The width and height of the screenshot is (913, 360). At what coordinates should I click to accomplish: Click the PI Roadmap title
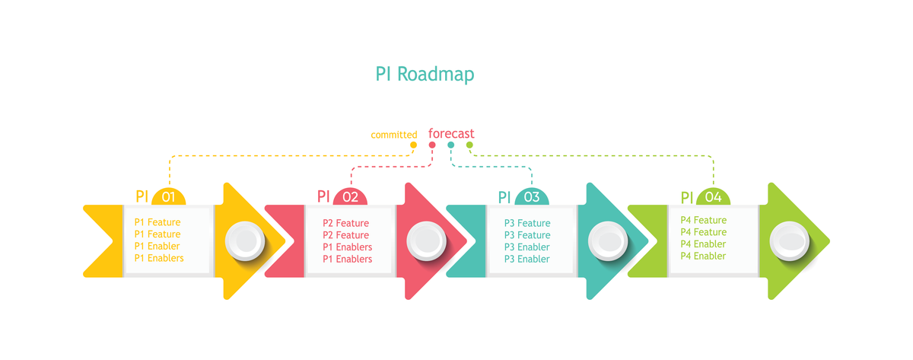click(425, 75)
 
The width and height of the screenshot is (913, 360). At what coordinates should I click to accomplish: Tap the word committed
click(393, 135)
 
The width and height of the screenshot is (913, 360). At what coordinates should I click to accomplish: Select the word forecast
click(451, 134)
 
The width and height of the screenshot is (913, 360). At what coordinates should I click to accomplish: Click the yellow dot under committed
click(414, 145)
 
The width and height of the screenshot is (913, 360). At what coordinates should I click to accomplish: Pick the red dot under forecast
click(432, 145)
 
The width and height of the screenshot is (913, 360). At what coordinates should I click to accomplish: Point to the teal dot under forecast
click(451, 145)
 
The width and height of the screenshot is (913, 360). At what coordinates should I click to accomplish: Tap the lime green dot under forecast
click(469, 145)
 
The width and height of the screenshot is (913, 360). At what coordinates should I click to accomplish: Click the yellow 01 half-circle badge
click(169, 197)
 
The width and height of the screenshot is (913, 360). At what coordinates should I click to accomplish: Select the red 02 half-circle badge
click(350, 197)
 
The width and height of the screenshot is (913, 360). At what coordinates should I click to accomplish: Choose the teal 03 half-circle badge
click(531, 197)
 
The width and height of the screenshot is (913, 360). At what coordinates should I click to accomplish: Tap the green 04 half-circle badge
click(713, 197)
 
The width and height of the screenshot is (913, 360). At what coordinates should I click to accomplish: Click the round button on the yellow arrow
click(245, 241)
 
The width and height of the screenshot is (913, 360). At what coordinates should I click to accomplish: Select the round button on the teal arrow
click(607, 241)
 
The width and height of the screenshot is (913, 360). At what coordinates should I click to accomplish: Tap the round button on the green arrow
click(789, 241)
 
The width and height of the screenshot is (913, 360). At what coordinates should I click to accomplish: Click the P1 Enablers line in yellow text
click(159, 259)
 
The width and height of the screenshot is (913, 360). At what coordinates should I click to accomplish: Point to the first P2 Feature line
click(345, 224)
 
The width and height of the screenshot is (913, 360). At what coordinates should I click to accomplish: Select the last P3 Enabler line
click(526, 259)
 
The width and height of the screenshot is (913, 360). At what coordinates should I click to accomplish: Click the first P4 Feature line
click(703, 221)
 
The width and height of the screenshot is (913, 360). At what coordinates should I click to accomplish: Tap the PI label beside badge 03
click(504, 197)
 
